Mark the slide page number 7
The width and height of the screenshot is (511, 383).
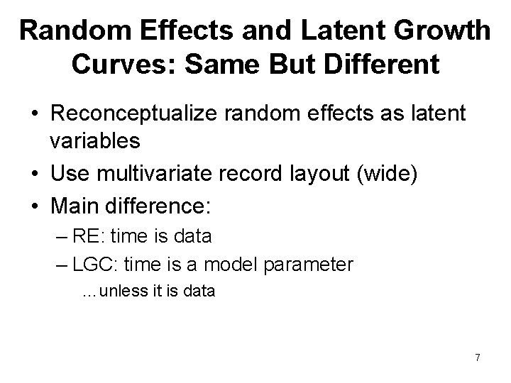click(x=478, y=357)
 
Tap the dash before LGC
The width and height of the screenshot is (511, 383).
click(x=62, y=265)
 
